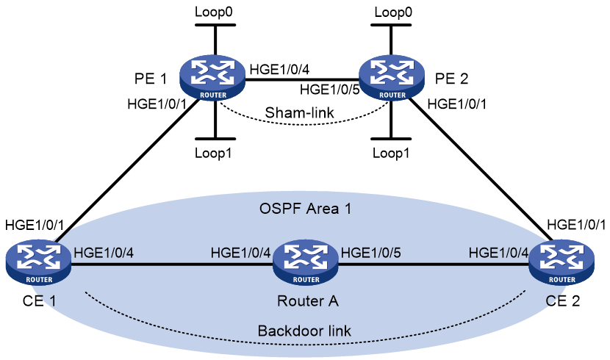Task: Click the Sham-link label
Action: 299,112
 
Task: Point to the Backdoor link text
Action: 304,331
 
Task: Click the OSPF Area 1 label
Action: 305,209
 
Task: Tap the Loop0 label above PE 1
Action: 214,12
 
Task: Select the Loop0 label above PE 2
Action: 393,12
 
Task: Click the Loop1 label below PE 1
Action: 213,153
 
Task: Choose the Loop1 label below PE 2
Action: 391,153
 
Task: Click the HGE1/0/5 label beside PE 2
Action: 329,90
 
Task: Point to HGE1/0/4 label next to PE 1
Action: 279,70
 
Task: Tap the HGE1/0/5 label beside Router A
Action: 370,253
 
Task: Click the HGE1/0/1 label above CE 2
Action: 576,225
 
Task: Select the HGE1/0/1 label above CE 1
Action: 35,225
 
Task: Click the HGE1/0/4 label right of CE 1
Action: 104,253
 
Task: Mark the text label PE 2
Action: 451,79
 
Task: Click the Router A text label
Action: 307,301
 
